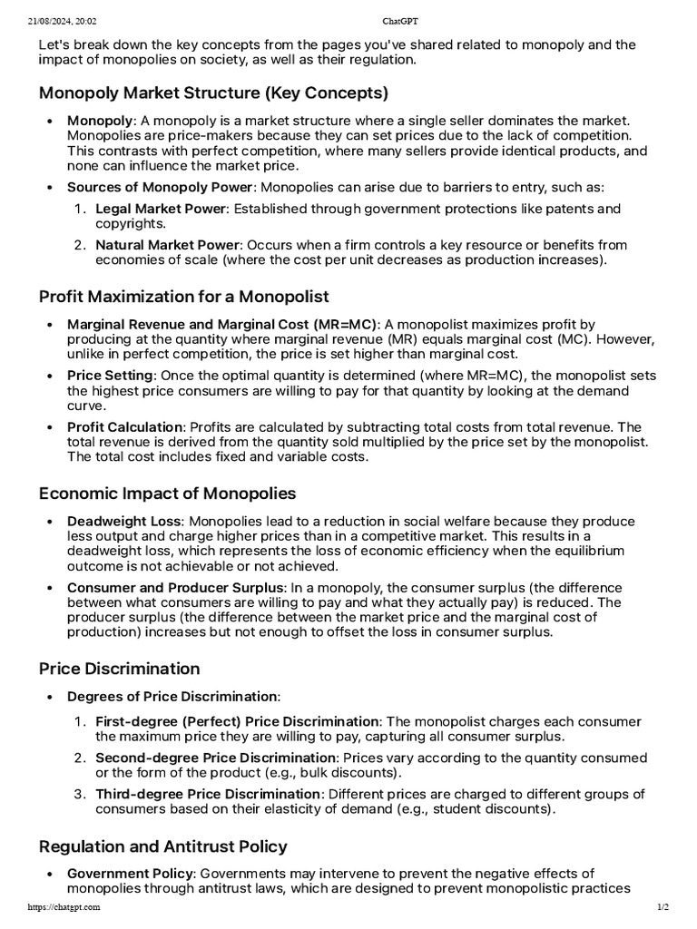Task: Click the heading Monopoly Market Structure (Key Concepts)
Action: tap(213, 93)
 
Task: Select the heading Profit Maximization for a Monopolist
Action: tap(183, 297)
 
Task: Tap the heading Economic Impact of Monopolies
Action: tap(167, 494)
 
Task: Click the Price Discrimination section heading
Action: tap(119, 669)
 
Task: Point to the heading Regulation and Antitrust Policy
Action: tap(162, 846)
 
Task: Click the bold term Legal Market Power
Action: tap(159, 210)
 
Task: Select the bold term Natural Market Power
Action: tap(168, 245)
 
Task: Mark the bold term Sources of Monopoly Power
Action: tap(159, 187)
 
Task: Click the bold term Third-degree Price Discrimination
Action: tap(208, 795)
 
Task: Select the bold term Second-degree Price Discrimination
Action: tap(215, 758)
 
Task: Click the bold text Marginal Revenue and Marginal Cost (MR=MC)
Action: tap(222, 325)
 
